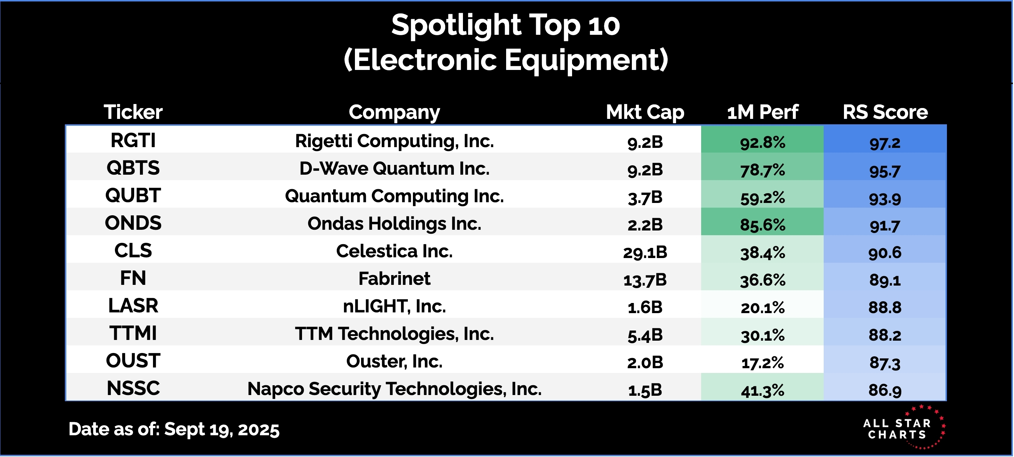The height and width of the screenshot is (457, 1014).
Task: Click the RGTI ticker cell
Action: point(133,141)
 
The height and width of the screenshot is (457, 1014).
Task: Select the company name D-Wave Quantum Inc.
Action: point(394,169)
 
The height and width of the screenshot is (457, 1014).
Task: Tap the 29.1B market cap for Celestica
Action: point(645,252)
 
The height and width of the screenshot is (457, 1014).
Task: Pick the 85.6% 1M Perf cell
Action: point(762,224)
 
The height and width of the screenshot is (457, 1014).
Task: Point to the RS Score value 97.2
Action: point(885,142)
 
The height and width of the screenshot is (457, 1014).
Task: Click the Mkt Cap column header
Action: point(645,112)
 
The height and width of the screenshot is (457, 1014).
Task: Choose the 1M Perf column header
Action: point(762,112)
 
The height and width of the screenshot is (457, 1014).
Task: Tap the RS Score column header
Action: point(885,112)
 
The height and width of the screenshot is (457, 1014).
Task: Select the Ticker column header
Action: point(133,112)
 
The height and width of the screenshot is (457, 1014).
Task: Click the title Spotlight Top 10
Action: point(505,25)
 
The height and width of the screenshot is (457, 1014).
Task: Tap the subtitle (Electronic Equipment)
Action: point(505,60)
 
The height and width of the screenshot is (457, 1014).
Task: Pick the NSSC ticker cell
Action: point(133,389)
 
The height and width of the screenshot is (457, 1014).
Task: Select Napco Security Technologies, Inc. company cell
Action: point(394,389)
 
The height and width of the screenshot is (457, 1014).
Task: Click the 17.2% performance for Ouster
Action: point(762,362)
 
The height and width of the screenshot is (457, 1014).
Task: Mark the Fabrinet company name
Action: point(394,279)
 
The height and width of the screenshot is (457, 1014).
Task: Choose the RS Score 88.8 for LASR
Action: point(885,307)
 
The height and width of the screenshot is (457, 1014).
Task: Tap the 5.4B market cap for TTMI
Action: point(645,335)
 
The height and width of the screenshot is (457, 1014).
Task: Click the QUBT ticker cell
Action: point(133,196)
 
